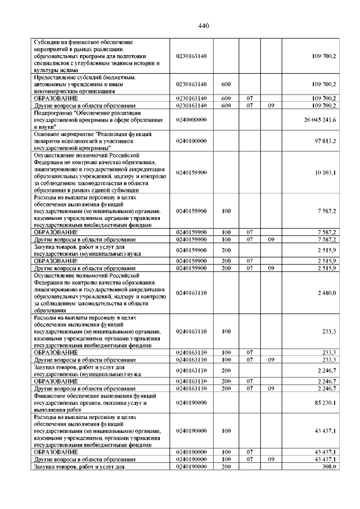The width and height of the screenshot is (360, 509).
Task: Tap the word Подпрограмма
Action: click(52, 112)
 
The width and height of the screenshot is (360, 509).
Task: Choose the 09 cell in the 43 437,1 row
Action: click(271, 460)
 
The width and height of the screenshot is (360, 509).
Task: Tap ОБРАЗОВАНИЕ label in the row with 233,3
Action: click(56, 352)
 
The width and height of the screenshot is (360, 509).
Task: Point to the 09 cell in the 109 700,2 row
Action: click(271, 105)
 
